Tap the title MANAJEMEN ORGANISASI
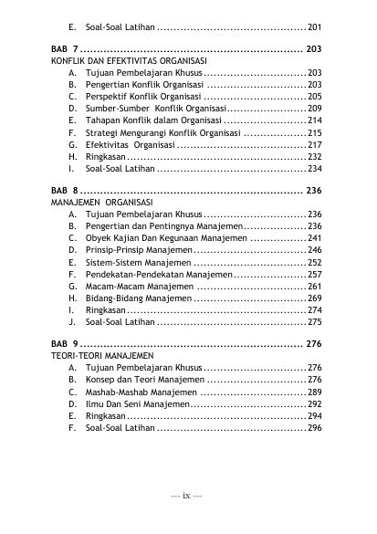click(102, 201)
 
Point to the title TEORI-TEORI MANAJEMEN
click(103, 356)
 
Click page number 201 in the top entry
click(315, 28)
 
